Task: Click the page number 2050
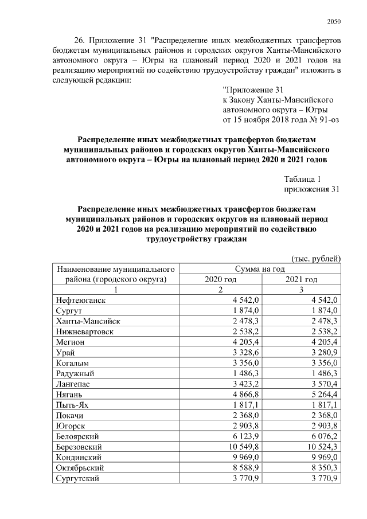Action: tap(334, 22)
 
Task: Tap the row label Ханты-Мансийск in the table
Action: tap(87, 321)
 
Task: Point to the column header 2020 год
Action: tap(220, 279)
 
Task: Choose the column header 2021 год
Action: tap(301, 279)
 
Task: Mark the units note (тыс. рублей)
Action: tap(316, 258)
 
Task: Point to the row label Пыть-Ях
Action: tap(73, 405)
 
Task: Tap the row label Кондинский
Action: tap(79, 457)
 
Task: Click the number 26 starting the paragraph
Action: tap(80, 42)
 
